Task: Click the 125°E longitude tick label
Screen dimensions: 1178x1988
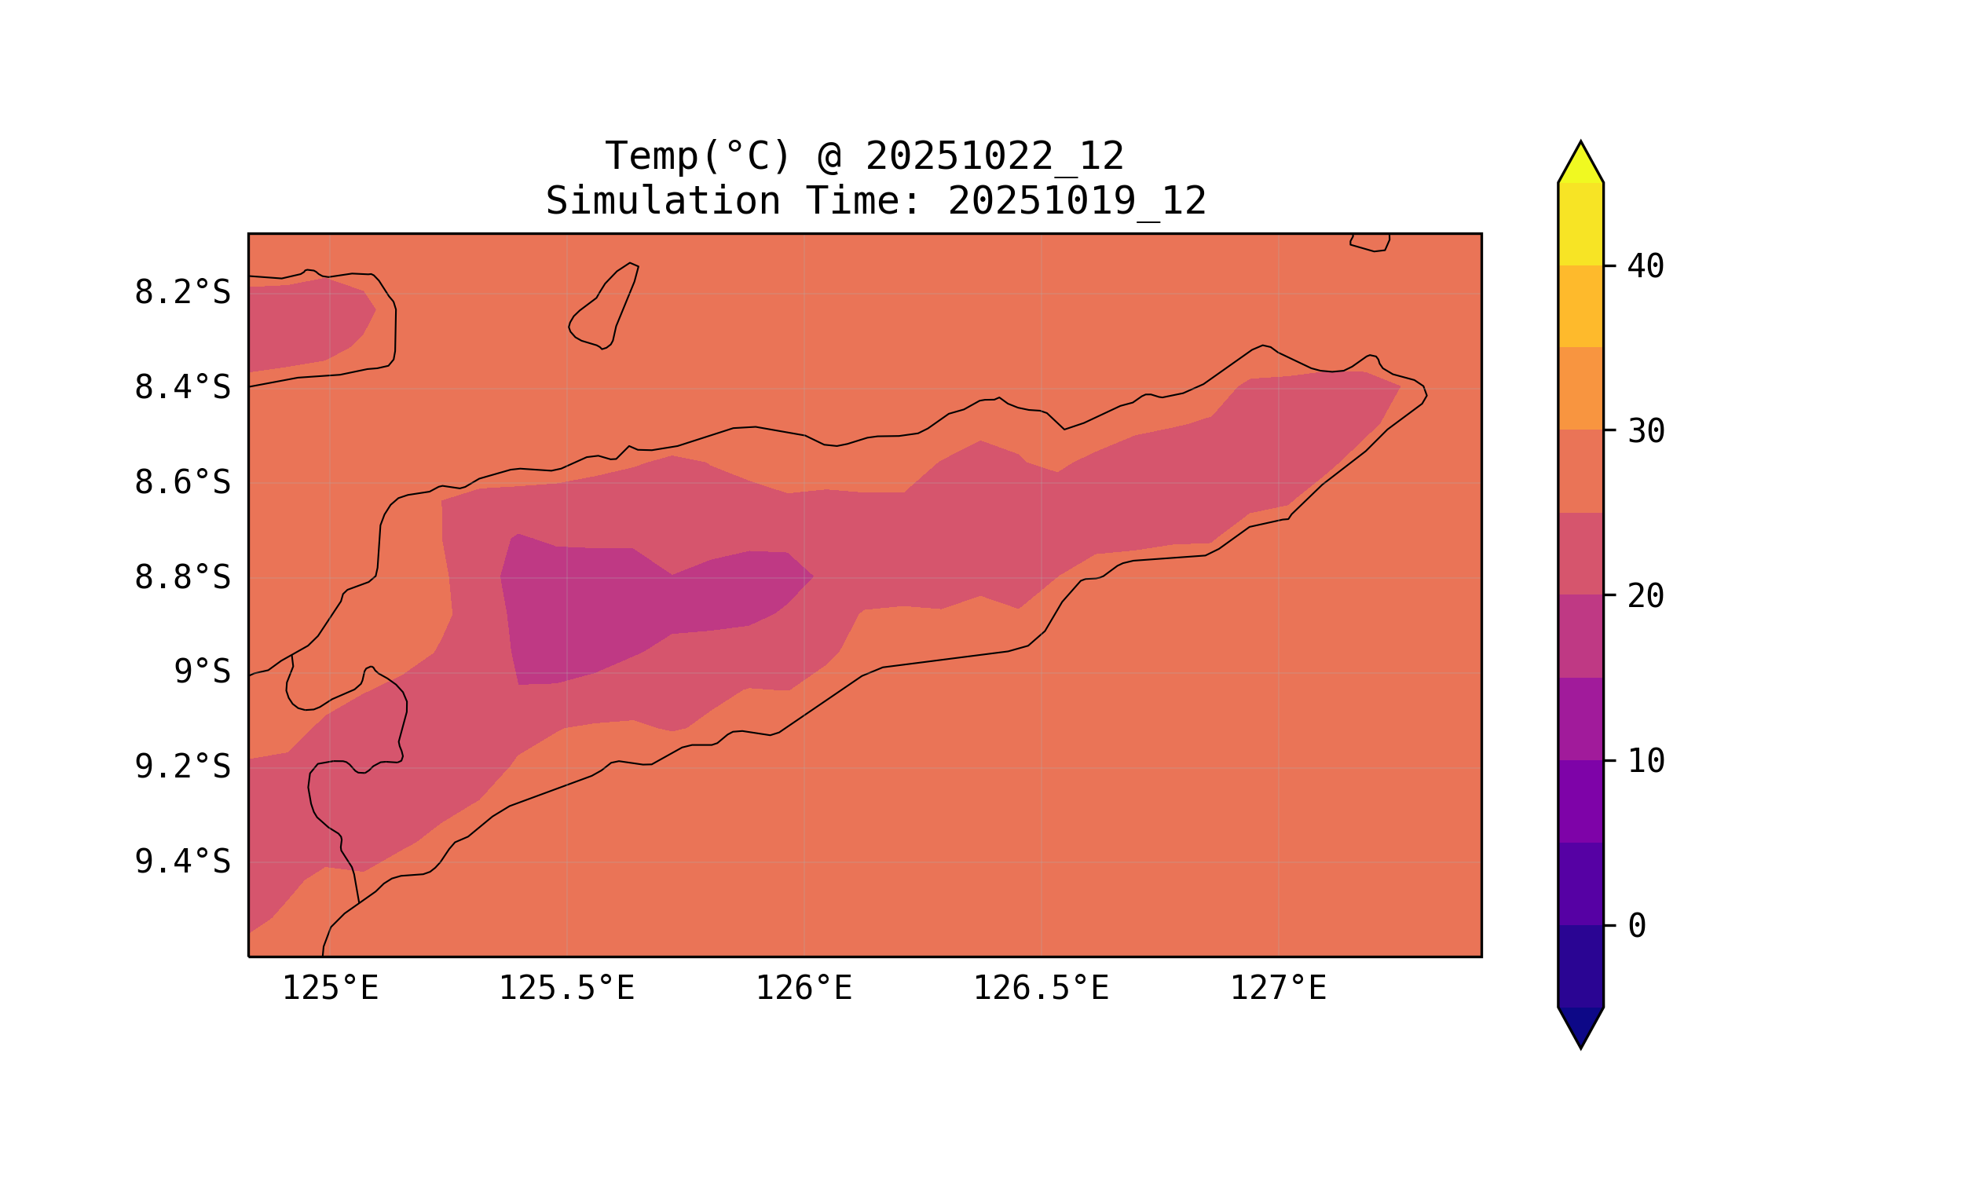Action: [330, 989]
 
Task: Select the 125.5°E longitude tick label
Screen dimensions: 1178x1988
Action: [566, 989]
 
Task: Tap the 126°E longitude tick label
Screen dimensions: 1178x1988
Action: [804, 989]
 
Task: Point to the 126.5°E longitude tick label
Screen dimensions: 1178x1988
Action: [1041, 989]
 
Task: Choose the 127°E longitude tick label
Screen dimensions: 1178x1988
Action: [1277, 989]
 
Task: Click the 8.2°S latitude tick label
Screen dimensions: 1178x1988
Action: [182, 293]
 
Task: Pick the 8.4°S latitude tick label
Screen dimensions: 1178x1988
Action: [182, 388]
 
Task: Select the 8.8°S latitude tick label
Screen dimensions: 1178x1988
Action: [182, 578]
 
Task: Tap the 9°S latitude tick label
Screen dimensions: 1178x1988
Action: [203, 672]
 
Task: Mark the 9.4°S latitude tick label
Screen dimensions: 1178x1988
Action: [182, 862]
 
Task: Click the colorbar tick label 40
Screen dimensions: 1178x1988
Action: [1645, 267]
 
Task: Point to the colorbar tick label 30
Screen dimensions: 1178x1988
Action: [1645, 432]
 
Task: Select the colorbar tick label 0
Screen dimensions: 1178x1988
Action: [1636, 927]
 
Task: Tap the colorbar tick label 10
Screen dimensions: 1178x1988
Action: [1645, 761]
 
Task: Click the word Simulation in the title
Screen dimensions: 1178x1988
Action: [663, 202]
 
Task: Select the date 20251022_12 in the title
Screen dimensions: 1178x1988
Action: [994, 156]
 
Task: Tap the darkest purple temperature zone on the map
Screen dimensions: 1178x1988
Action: [619, 611]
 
